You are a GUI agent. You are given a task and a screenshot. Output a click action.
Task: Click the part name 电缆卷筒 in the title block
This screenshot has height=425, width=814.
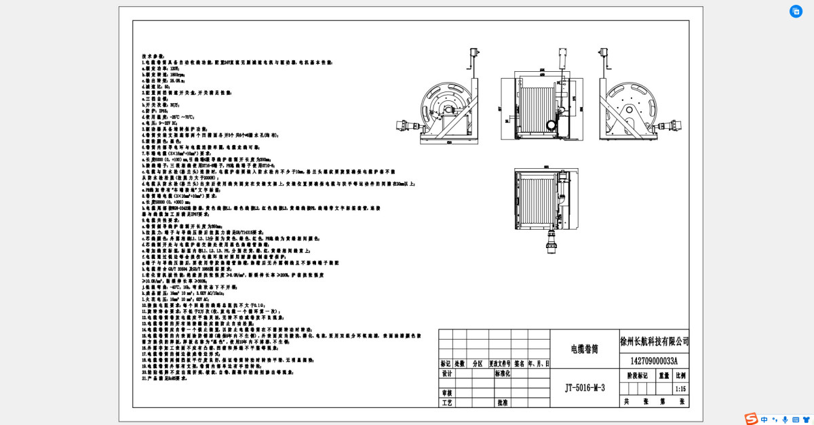[584, 349]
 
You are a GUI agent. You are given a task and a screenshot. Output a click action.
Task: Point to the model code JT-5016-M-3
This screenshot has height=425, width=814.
[584, 388]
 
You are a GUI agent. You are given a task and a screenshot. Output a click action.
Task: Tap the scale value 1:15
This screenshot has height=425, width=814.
[680, 389]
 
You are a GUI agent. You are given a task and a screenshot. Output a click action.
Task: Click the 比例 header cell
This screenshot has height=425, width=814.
[680, 375]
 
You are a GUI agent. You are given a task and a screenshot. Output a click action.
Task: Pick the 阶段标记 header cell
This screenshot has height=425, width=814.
[637, 375]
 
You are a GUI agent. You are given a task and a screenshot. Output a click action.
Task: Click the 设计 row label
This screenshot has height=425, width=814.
[446, 373]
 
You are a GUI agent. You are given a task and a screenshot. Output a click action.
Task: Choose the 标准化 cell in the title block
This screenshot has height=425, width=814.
[502, 373]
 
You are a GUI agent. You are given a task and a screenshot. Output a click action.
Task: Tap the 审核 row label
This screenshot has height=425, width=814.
[446, 392]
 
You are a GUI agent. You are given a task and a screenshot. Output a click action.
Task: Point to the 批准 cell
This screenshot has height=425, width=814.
[502, 403]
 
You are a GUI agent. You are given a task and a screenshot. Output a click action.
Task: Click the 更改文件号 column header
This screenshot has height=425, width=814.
[499, 363]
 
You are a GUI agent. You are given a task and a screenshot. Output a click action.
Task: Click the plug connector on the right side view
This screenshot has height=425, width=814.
[675, 124]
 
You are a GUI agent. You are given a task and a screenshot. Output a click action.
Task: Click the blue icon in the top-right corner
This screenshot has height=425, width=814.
[796, 12]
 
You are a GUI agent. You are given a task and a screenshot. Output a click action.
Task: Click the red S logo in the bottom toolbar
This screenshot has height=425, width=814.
[750, 419]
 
